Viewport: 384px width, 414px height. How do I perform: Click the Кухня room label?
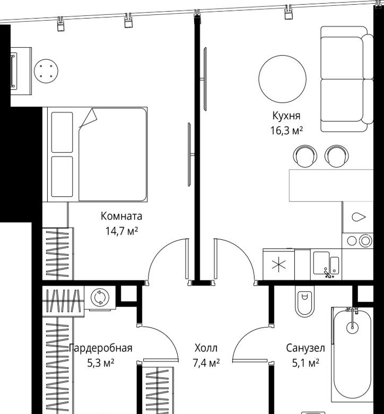[286, 116]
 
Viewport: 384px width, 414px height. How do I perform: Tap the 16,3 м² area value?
[286, 131]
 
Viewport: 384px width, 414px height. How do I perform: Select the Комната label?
[121, 216]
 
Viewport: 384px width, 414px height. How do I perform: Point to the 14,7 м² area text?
[121, 231]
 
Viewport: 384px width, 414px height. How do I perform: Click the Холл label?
[206, 348]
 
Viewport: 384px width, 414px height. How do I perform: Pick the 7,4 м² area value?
[206, 363]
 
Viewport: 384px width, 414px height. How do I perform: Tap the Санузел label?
[306, 348]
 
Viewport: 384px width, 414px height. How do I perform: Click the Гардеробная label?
[101, 348]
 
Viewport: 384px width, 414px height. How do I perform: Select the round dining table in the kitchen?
[282, 79]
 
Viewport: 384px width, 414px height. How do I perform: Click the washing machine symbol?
[100, 297]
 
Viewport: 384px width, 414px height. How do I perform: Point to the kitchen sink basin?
[321, 263]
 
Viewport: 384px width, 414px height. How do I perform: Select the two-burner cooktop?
[357, 240]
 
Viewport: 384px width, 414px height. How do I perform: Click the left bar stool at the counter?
[305, 156]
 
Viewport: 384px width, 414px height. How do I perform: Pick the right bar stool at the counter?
[336, 156]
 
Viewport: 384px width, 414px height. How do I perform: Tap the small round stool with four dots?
[46, 71]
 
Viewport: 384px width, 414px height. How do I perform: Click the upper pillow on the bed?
[62, 132]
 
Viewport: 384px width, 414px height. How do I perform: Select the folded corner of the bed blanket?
[89, 117]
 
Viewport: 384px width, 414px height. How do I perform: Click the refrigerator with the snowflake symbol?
[278, 264]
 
